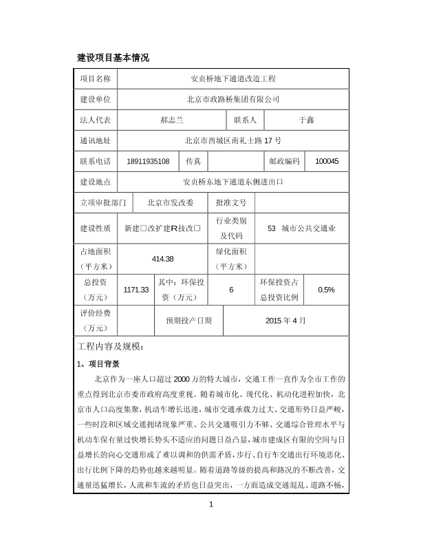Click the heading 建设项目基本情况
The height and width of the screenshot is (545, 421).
pos(112,57)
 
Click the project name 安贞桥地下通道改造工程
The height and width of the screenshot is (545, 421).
pos(233,80)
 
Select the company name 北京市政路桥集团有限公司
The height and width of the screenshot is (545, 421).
pos(233,100)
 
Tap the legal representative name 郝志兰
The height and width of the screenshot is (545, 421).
pos(171,120)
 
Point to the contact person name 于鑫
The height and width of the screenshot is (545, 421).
pos(306,120)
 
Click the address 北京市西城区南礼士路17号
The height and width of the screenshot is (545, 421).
pos(233,140)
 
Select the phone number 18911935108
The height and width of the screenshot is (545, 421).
pos(149,161)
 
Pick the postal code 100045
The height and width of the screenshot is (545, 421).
pos(327,161)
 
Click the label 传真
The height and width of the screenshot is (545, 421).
pos(193,161)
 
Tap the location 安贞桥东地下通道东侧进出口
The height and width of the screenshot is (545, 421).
pos(233,182)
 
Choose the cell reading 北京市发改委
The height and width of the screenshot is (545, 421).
pos(171,203)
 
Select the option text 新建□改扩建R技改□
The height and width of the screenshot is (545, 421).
pos(162,228)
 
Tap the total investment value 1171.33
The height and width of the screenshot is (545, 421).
pos(136,290)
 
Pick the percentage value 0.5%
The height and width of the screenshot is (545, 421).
pos(327,290)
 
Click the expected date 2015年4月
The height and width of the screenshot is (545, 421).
pos(285,320)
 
